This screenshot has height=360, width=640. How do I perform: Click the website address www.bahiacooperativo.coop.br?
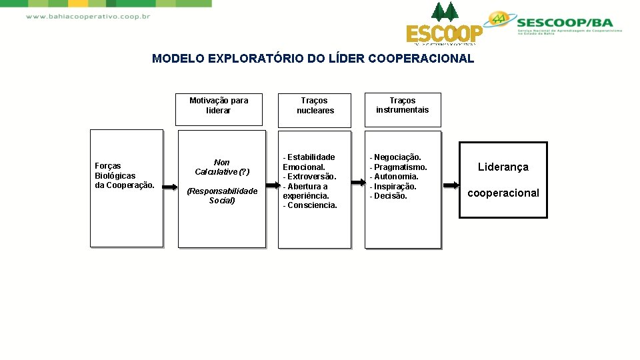(87, 16)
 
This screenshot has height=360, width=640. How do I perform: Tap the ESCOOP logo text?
(445, 33)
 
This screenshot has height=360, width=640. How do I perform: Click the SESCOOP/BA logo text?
(568, 22)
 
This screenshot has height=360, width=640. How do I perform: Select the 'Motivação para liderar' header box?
(219, 106)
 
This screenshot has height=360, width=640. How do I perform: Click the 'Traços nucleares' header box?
(315, 106)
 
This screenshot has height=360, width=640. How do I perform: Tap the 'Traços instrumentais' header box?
(403, 105)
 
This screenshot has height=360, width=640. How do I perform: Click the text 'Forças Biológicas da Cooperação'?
(125, 175)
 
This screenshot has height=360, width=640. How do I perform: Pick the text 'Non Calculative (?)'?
(222, 167)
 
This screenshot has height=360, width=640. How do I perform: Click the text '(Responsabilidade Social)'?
(222, 196)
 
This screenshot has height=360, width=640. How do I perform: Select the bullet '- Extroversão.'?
(310, 177)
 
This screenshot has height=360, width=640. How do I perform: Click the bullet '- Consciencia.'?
(310, 205)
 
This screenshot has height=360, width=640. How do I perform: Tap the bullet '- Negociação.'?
(396, 157)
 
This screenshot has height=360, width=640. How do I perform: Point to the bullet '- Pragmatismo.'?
(399, 167)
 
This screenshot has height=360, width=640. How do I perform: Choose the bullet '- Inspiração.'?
(393, 187)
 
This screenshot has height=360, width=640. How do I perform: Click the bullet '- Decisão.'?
(389, 196)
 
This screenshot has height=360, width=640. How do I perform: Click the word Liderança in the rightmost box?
(503, 167)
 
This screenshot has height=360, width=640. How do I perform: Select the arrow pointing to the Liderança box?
(450, 185)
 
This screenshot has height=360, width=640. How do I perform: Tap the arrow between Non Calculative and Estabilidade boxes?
(271, 186)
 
